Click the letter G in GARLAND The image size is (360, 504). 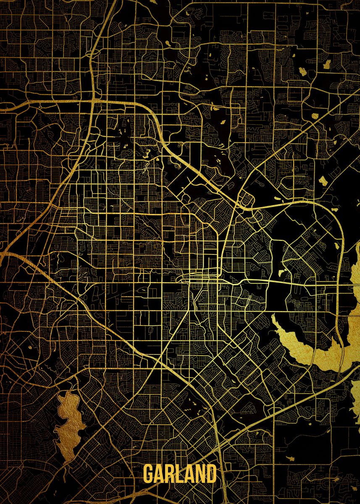coord(149,474)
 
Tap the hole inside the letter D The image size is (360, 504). coord(212,474)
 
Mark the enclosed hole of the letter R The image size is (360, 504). coord(170,470)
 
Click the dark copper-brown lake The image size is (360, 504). coord(67,424)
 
